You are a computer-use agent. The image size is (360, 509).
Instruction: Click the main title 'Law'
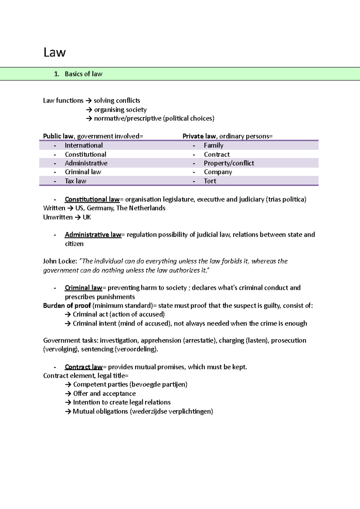(54, 52)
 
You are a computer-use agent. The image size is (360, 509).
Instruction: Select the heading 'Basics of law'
(83, 74)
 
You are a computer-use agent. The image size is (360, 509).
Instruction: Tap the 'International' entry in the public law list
(84, 145)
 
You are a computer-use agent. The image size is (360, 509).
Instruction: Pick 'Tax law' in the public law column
(76, 181)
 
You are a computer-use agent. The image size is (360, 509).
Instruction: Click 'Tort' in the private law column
(210, 181)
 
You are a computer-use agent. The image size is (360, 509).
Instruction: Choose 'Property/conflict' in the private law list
(229, 163)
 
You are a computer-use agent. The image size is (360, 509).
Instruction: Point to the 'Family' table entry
(214, 145)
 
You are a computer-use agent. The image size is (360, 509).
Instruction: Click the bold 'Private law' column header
(199, 136)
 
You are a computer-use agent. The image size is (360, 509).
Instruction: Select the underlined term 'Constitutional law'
(92, 199)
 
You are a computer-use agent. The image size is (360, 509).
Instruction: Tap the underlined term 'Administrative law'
(93, 235)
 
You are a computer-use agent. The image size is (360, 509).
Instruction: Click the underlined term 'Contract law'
(84, 367)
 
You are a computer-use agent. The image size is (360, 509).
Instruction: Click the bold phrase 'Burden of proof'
(67, 305)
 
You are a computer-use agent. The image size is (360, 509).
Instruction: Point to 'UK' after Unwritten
(87, 217)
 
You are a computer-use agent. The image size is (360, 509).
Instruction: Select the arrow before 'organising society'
(89, 110)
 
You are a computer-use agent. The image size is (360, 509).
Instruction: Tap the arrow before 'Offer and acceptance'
(68, 394)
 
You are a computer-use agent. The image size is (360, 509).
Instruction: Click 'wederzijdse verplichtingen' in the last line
(171, 411)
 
